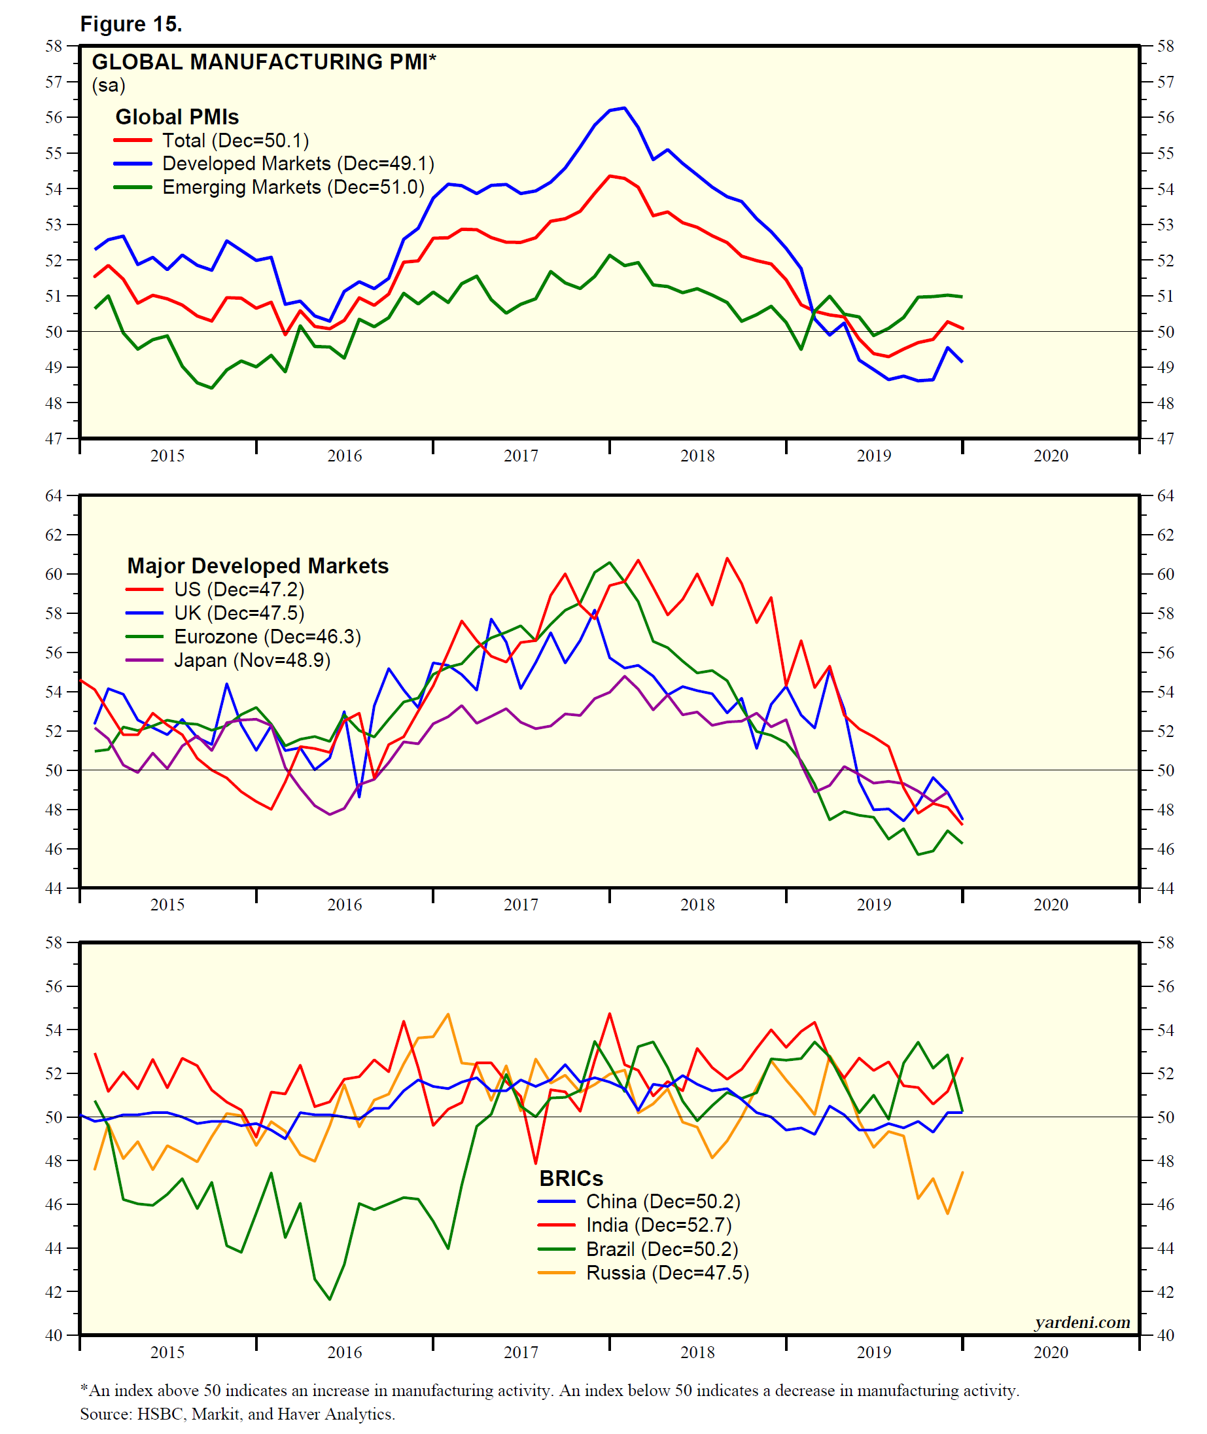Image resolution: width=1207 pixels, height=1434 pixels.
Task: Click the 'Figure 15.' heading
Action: (131, 24)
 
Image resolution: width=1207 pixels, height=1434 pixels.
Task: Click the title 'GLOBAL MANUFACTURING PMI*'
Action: (264, 62)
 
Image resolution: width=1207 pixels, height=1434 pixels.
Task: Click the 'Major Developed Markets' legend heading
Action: (257, 565)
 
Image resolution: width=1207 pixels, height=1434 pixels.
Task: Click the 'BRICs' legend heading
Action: (570, 1178)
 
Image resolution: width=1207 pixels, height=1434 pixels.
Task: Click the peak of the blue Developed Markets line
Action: (624, 108)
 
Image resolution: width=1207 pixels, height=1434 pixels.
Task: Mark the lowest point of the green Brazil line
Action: (330, 1299)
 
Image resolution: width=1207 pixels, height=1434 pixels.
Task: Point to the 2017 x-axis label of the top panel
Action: (521, 456)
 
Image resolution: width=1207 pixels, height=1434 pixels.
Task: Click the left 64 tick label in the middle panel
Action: (54, 495)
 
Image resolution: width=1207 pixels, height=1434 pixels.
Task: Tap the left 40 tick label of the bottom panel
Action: (54, 1335)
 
